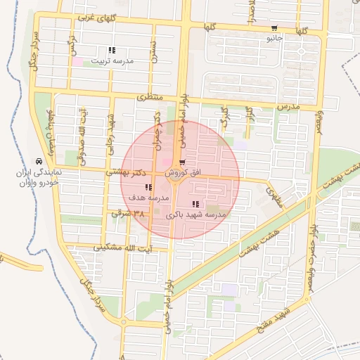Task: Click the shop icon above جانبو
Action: tap(274, 29)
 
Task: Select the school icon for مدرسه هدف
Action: tap(148, 188)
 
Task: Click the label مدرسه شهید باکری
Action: tap(196, 213)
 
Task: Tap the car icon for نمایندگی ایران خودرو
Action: tap(38, 161)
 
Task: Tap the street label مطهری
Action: tap(274, 190)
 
